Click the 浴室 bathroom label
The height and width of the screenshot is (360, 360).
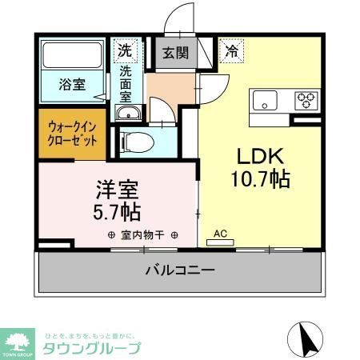(x=73, y=84)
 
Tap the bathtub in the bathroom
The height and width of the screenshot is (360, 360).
(x=74, y=55)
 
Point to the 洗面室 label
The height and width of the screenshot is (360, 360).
(x=126, y=82)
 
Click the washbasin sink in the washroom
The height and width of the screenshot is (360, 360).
(x=127, y=114)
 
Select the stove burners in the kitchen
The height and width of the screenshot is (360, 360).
(x=306, y=100)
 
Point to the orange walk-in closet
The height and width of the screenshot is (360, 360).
(x=70, y=132)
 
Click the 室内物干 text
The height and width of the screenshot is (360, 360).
(x=142, y=235)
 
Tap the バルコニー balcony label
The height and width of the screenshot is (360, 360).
(x=179, y=270)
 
